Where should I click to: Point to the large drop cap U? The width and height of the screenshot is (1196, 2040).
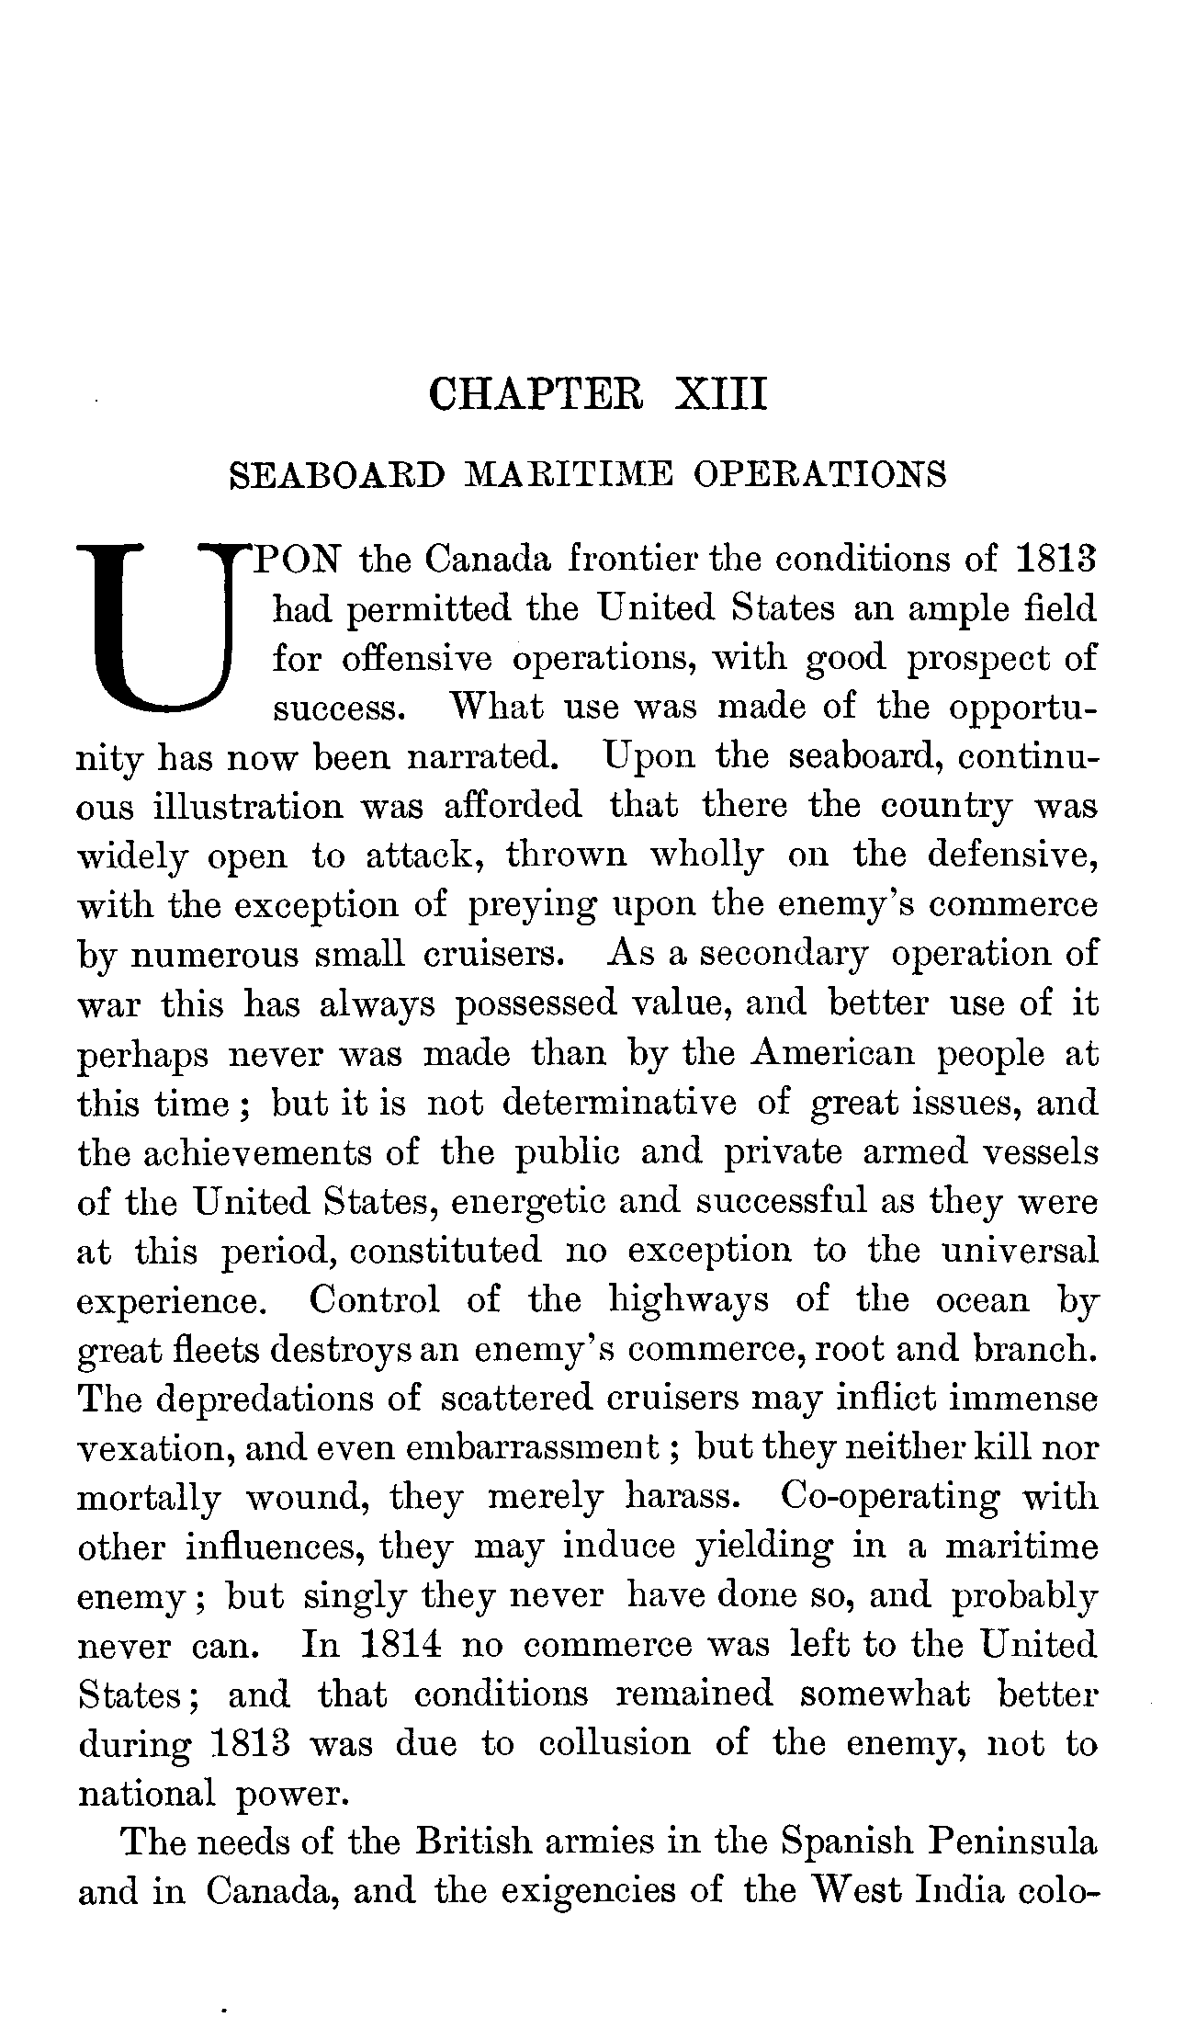[x=162, y=629]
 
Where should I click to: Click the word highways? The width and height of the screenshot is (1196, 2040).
[x=689, y=1299]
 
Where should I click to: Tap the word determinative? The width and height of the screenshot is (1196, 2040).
[x=619, y=1102]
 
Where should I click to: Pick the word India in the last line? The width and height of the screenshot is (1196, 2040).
[x=958, y=1892]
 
